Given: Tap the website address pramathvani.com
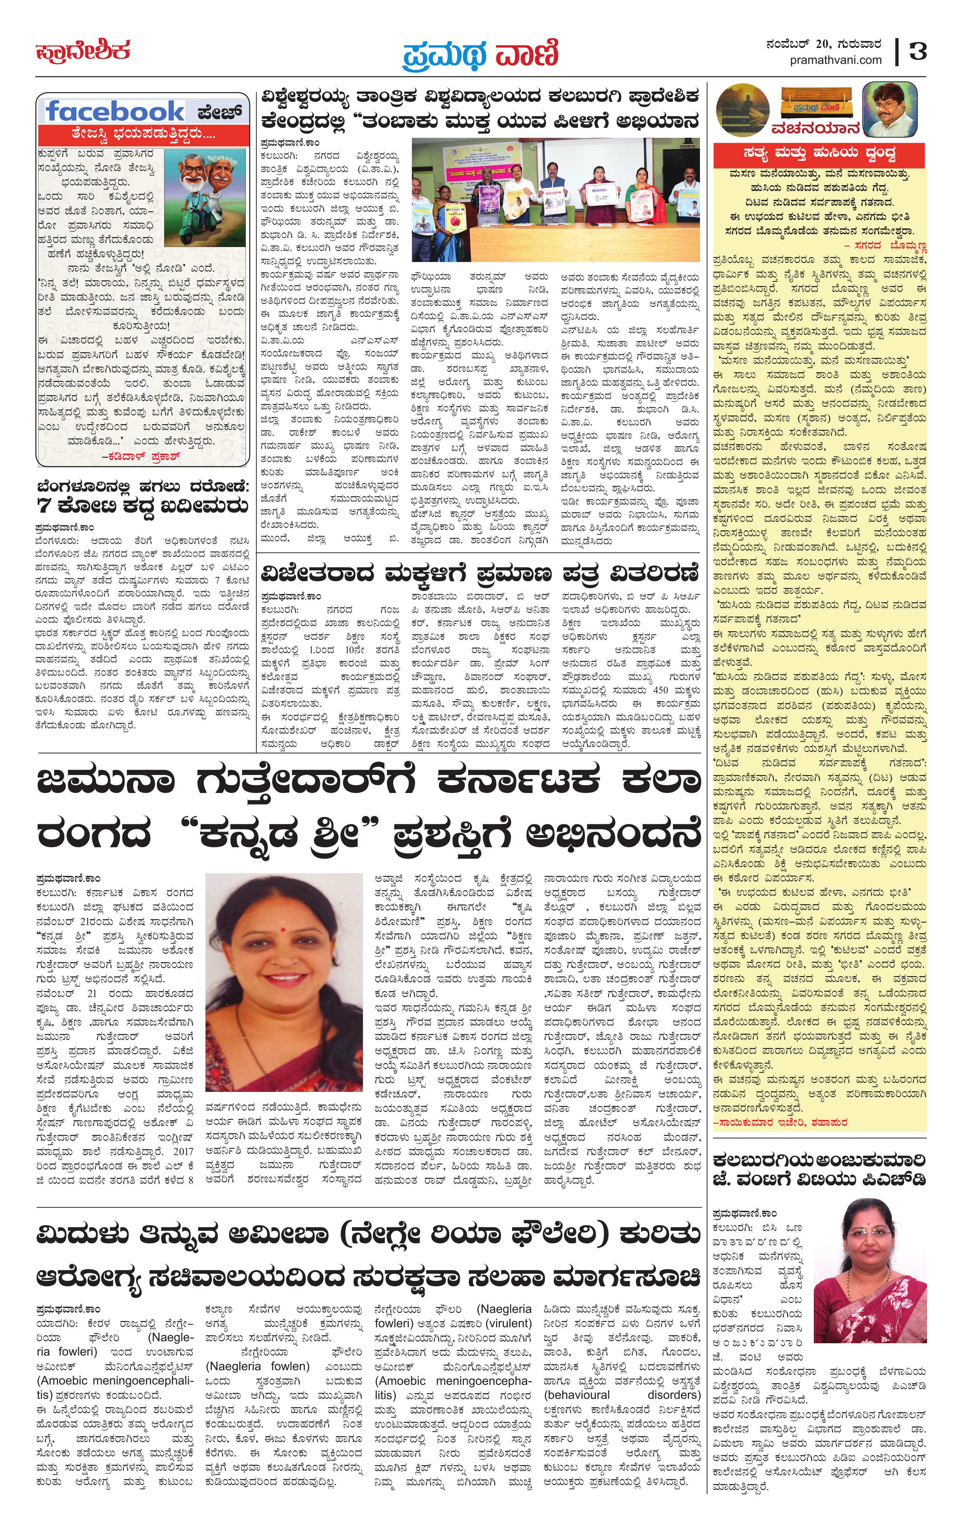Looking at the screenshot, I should (835, 60).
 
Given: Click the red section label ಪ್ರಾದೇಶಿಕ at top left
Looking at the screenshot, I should (83, 51).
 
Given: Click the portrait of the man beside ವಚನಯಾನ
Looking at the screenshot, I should (889, 109).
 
